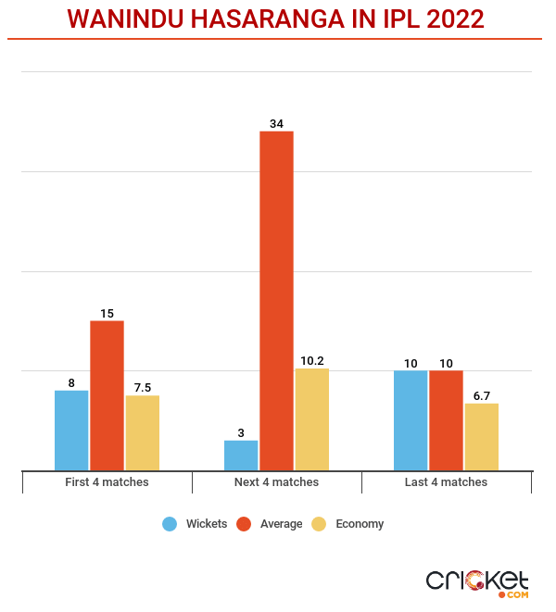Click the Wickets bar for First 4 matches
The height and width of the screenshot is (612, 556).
point(71,431)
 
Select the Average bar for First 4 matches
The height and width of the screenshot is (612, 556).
point(107,395)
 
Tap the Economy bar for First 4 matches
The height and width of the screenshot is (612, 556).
point(142,433)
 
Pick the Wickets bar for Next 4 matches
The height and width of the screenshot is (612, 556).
point(241,456)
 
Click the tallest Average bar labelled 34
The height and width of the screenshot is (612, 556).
point(276,301)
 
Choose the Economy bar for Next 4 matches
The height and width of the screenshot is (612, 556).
point(311,419)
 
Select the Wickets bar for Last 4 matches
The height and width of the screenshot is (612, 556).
point(411,420)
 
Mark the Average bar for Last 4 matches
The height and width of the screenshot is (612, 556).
point(446,420)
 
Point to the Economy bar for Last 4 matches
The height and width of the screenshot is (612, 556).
point(481,437)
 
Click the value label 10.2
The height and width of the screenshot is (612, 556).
point(311,361)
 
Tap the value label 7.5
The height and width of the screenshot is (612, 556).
point(142,388)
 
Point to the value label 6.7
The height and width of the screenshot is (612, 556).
point(481,395)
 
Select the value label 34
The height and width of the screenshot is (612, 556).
point(276,123)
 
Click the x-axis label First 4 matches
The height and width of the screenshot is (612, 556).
point(107,482)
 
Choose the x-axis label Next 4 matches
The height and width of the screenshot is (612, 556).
point(276,482)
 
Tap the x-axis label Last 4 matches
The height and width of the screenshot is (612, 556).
point(446,482)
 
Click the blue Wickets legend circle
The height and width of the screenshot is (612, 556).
point(170,524)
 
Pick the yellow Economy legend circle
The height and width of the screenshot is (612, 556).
point(319,524)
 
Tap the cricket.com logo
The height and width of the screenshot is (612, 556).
point(477,581)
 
